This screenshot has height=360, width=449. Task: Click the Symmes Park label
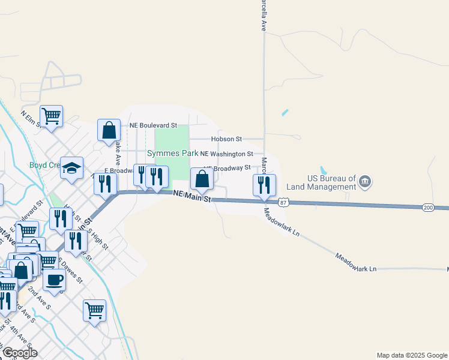(172, 154)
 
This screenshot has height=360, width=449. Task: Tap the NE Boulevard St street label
(154, 125)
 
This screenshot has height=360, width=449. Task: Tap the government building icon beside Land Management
(365, 181)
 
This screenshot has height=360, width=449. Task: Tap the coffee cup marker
(54, 279)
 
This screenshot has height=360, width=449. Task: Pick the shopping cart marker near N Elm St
(51, 115)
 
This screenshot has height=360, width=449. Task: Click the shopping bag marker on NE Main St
(202, 178)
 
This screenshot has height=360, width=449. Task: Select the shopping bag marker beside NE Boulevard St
(109, 130)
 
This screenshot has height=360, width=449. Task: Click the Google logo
(19, 353)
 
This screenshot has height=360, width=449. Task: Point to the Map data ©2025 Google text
(411, 355)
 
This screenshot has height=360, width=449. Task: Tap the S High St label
(98, 238)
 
